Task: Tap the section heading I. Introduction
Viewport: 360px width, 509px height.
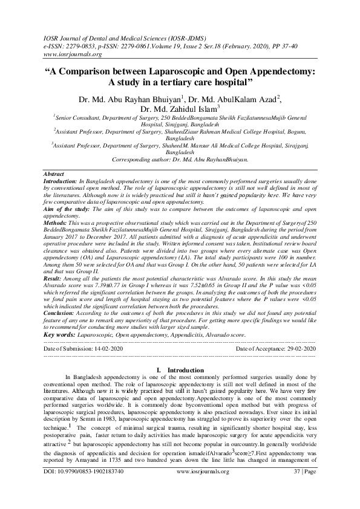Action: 180,369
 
